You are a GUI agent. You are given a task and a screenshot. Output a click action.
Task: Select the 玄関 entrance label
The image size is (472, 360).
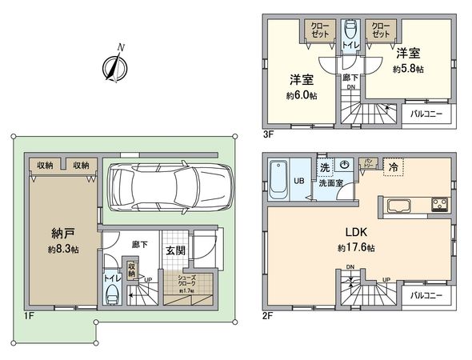click(x=175, y=250)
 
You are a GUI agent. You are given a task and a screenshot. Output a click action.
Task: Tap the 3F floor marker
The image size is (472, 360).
click(x=268, y=134)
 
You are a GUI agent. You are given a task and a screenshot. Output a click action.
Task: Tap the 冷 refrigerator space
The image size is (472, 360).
click(x=394, y=168)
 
